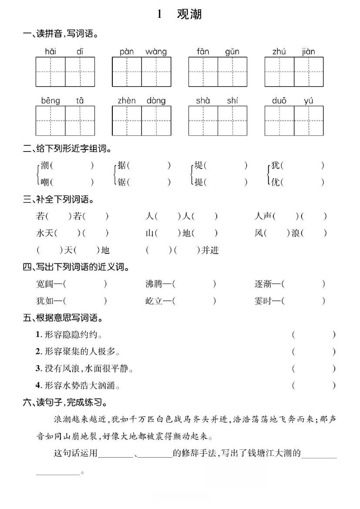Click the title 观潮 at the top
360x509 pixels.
point(189,14)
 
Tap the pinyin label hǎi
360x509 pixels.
point(50,52)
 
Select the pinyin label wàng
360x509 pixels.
point(156,52)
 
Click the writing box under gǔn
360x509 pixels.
point(232,72)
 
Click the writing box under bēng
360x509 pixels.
point(50,121)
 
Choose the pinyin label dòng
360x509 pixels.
point(156,101)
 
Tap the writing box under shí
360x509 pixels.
point(232,121)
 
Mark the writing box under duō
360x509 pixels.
point(279,121)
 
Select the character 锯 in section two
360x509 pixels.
point(122,182)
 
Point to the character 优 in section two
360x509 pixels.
point(275,182)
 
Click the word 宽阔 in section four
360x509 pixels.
point(44,284)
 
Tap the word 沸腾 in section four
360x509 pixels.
point(154,284)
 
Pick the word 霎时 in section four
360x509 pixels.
point(263,301)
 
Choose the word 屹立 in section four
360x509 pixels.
point(154,301)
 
